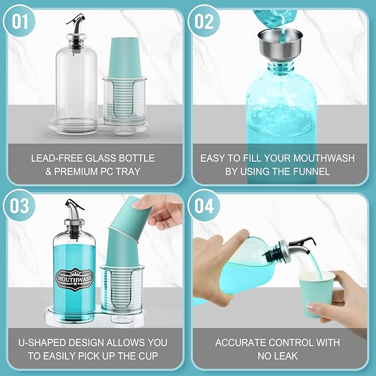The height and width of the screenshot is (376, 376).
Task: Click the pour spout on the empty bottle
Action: tap(76, 27)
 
